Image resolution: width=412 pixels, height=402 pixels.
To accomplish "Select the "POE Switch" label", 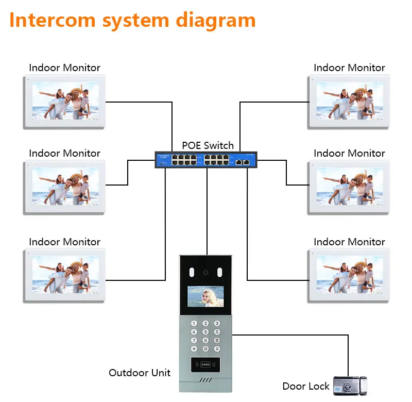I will point(208,145).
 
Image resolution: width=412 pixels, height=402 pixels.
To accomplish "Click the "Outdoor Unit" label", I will point(140,373).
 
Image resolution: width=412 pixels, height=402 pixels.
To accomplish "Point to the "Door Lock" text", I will point(306,386).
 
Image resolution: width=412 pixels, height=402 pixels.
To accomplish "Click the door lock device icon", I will point(350,384).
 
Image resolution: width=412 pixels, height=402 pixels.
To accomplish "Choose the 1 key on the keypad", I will point(194,324).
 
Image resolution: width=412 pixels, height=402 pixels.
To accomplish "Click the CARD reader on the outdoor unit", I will point(205,364).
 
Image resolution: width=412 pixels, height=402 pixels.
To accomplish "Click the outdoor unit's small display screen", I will point(205,297).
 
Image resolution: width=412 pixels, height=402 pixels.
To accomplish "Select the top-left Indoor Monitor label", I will point(64,68).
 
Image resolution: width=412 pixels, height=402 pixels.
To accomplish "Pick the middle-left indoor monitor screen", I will point(65,187).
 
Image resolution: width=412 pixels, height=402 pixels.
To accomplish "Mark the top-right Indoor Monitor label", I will point(349,68).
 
